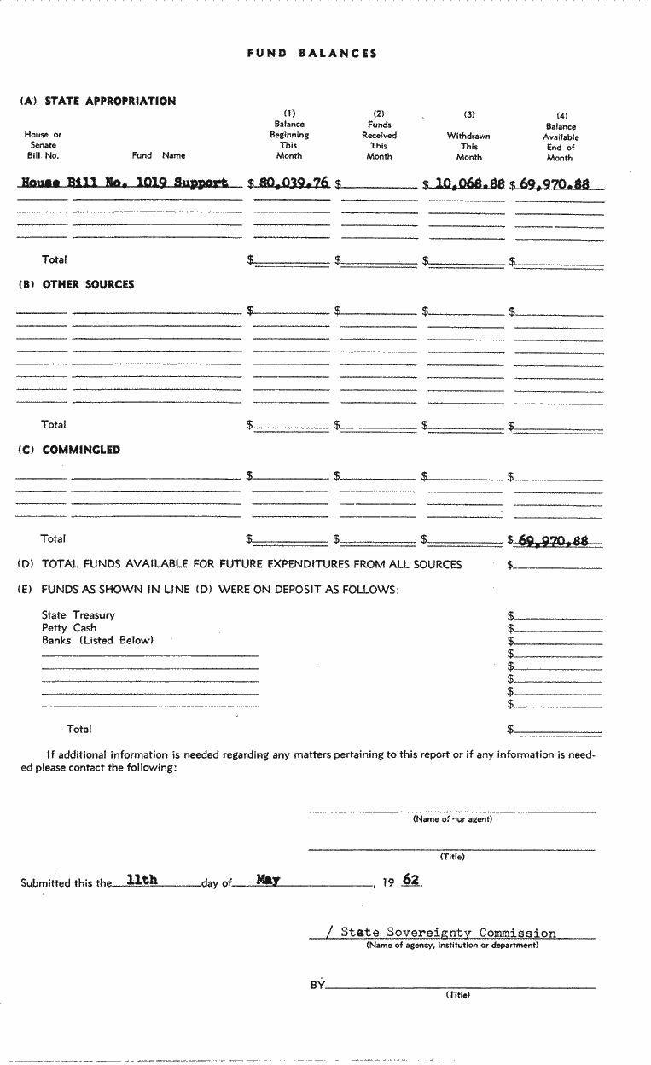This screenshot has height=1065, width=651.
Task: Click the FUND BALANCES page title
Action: pos(312,53)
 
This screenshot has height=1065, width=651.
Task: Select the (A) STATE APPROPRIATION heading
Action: pos(97,101)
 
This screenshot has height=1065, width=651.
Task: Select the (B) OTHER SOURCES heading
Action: pos(76,284)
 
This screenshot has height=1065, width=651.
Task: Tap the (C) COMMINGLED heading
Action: pos(69,450)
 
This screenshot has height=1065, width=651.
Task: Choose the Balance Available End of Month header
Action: pos(561,137)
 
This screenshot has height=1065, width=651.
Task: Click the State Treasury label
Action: pos(78,614)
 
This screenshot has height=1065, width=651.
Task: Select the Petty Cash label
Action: pos(69,627)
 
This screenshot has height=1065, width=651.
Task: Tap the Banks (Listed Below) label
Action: pos(97,640)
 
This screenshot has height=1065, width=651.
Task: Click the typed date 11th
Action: pos(142,880)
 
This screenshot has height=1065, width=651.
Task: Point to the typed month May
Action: pos(268,880)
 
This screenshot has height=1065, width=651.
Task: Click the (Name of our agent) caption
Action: pos(452,819)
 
